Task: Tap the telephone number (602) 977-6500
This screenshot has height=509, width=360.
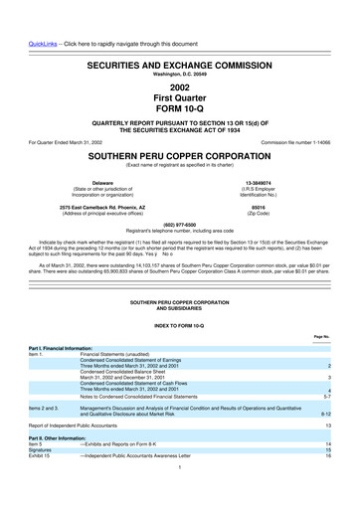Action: click(x=180, y=223)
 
